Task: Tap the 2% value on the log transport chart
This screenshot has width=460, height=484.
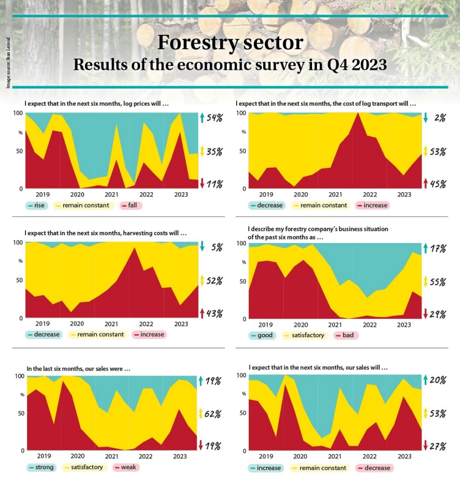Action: [x=439, y=118]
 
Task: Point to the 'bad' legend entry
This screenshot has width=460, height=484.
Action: [x=347, y=335]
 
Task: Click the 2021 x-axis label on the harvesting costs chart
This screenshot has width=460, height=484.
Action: [x=111, y=323]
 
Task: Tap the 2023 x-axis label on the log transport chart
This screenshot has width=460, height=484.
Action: [x=404, y=194]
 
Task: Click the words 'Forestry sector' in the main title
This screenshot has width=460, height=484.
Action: [x=230, y=43]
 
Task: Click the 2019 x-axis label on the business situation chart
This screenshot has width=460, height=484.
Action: [x=266, y=325]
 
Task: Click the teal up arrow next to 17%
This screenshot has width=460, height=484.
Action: [x=426, y=249]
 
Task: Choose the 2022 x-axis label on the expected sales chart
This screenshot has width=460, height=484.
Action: [x=369, y=456]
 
